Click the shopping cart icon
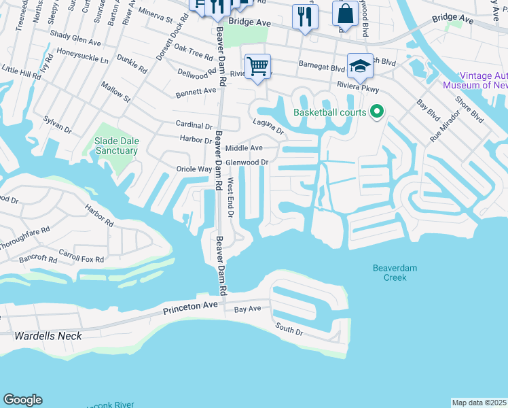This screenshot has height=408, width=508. pyautogui.click(x=257, y=67)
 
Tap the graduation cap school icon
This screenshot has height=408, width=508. pyautogui.click(x=360, y=67)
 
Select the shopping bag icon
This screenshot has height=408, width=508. pyautogui.click(x=345, y=14)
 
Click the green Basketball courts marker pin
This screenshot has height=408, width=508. pyautogui.click(x=378, y=112)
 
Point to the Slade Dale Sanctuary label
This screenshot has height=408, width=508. pyautogui.click(x=116, y=146)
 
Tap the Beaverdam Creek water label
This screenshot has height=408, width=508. pyautogui.click(x=395, y=273)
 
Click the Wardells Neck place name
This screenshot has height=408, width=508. pyautogui.click(x=48, y=336)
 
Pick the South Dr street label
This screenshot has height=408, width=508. pyautogui.click(x=288, y=329)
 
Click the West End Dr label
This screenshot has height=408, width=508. pyautogui.click(x=231, y=198)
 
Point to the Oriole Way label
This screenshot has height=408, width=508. pyautogui.click(x=194, y=169)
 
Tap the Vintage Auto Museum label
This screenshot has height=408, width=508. pyautogui.click(x=475, y=81)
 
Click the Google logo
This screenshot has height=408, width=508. pyautogui.click(x=22, y=400)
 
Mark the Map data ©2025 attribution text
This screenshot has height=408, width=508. pyautogui.click(x=479, y=403)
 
